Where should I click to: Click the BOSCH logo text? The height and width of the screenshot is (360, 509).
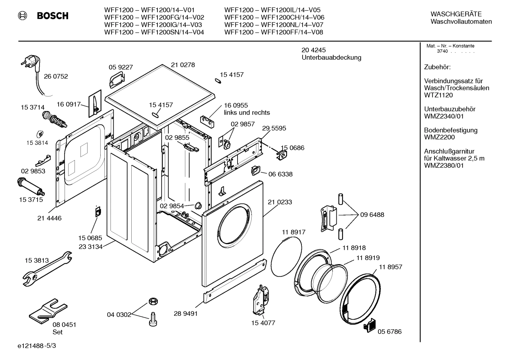pos(53,16)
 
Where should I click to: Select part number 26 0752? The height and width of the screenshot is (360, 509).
pos(56,76)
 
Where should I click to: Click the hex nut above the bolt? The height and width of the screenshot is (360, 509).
pos(152,301)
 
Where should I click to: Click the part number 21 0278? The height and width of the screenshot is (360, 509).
pos(183,65)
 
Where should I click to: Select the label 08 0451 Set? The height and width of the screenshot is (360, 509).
pos(64,328)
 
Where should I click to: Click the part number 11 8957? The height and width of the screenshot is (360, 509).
pos(391,267)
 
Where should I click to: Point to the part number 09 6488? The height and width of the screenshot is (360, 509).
pos(372,215)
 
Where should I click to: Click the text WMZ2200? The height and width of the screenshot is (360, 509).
pos(439,137)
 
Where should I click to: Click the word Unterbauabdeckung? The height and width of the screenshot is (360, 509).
pos(331,58)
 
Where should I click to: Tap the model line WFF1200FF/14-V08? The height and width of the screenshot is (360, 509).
pos(274,33)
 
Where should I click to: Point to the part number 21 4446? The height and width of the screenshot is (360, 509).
pos(49,218)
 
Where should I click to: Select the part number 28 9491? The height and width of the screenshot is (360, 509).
pos(186,313)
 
